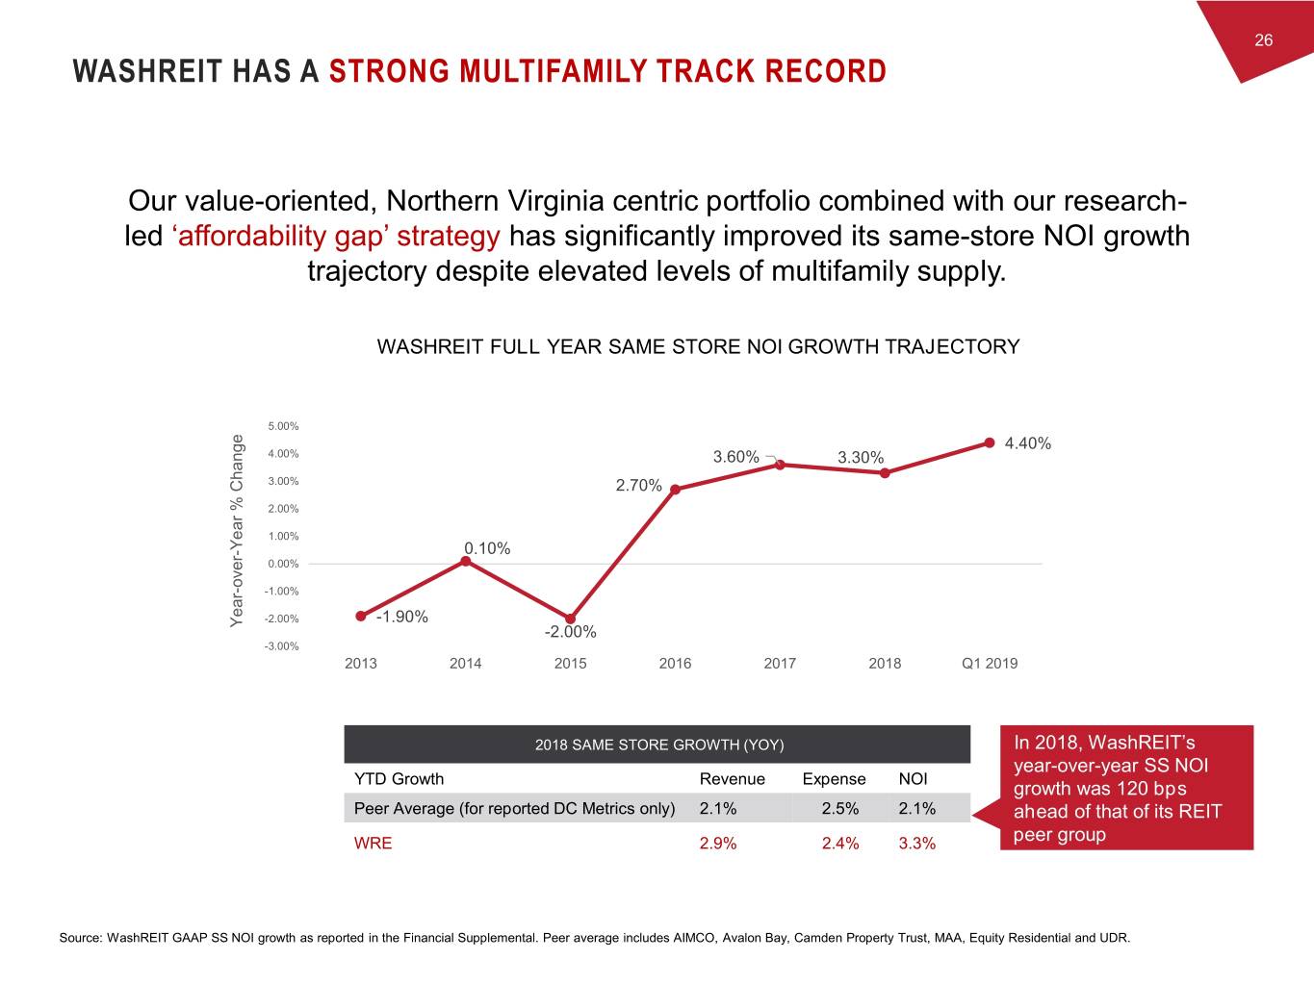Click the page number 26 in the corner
pyautogui.click(x=1263, y=39)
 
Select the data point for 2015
pyautogui.click(x=570, y=619)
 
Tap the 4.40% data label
pyautogui.click(x=1027, y=443)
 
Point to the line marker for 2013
pyautogui.click(x=361, y=616)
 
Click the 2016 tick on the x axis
pyautogui.click(x=675, y=663)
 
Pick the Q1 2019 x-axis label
pyautogui.click(x=990, y=663)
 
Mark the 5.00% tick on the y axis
pyautogui.click(x=283, y=426)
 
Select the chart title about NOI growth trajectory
pyautogui.click(x=698, y=346)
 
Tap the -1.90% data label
pyautogui.click(x=401, y=617)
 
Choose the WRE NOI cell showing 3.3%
pyautogui.click(x=916, y=844)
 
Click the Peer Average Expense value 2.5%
pyautogui.click(x=839, y=808)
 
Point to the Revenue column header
pyautogui.click(x=732, y=779)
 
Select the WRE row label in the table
pyautogui.click(x=374, y=844)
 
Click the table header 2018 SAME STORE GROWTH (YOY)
pyautogui.click(x=658, y=745)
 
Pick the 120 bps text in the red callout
pyautogui.click(x=1145, y=789)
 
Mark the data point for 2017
pyautogui.click(x=780, y=465)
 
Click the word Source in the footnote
pyautogui.click(x=80, y=938)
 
